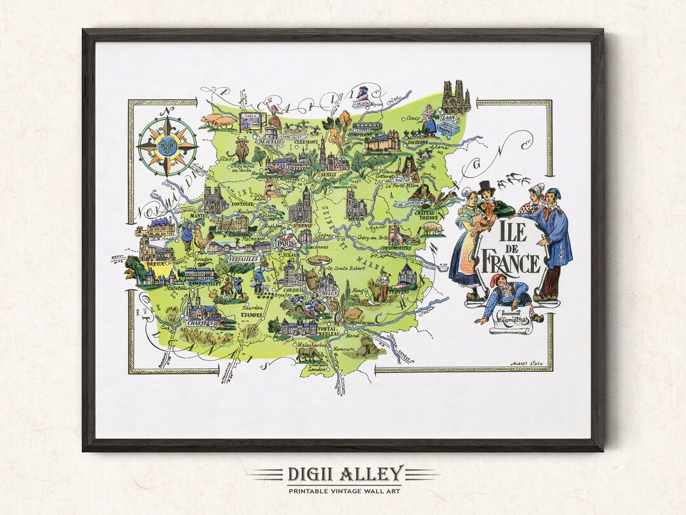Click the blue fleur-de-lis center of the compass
(168, 145)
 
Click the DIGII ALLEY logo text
(343, 474)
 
